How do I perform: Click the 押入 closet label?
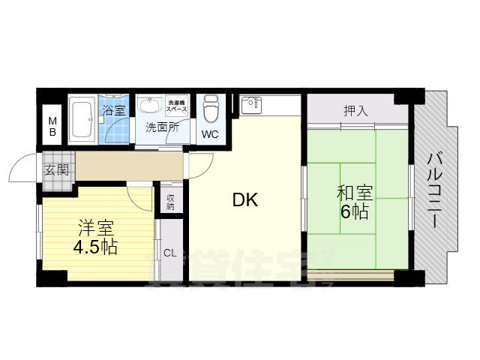pyautogui.click(x=355, y=111)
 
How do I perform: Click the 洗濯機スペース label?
pyautogui.click(x=177, y=106)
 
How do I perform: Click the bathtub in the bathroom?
pyautogui.click(x=82, y=118)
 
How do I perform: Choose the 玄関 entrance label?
pyautogui.click(x=56, y=169)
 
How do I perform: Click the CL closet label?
pyautogui.click(x=170, y=252)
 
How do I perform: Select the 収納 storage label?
pyautogui.click(x=171, y=201)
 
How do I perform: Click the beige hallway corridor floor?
pyautogui.click(x=127, y=165)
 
